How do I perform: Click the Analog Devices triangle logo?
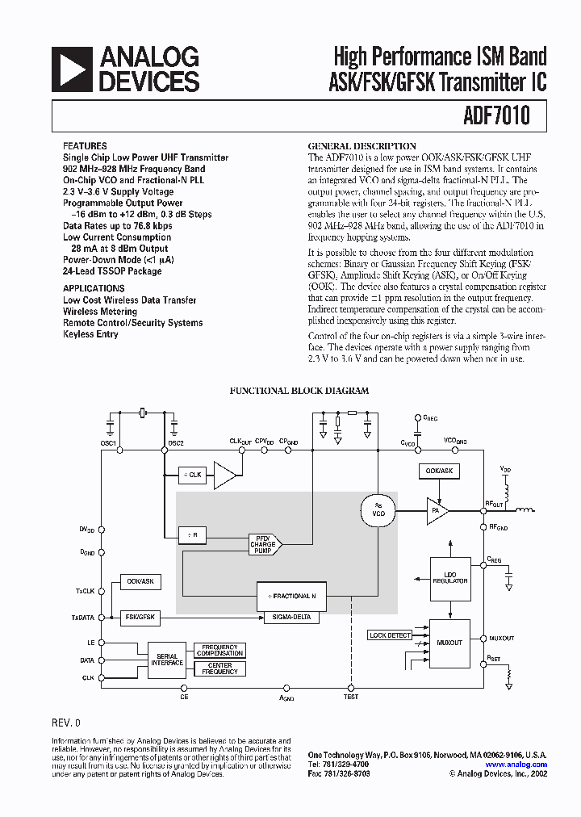point(72,69)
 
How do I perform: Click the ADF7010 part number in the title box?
point(497,115)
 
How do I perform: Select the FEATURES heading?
point(84,146)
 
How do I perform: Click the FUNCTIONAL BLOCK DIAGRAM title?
point(299,391)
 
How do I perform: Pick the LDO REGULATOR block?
point(449,578)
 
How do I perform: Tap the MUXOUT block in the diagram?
point(449,643)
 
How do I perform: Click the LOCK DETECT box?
point(390,635)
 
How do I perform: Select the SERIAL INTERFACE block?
point(167,660)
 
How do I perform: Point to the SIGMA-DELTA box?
point(291,618)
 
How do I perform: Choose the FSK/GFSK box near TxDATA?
point(140,617)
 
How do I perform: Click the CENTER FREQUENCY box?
point(219,668)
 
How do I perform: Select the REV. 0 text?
point(66,723)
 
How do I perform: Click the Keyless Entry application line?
point(90,334)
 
